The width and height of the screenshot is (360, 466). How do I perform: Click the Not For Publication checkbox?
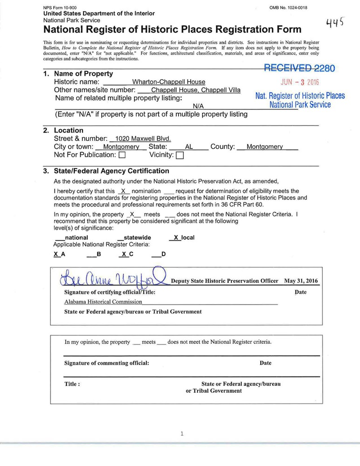click(122, 155)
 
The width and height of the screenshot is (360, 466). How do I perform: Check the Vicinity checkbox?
click(180, 155)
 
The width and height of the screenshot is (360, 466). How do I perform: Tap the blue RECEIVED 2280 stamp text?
click(299, 68)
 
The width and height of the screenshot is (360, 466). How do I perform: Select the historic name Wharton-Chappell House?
click(168, 82)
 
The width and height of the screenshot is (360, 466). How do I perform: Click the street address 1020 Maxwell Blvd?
click(143, 139)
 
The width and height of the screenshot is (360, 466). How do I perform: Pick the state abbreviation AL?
click(189, 147)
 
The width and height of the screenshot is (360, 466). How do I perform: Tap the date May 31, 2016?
click(301, 281)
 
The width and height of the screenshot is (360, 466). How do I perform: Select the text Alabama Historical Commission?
click(103, 302)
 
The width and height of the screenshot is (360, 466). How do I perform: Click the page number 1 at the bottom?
click(182, 434)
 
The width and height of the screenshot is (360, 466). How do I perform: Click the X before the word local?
click(175, 237)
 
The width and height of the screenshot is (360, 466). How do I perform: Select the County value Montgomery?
click(264, 147)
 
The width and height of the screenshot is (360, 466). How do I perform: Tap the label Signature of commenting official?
click(107, 363)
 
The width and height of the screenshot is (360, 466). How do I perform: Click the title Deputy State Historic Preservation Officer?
click(225, 281)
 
